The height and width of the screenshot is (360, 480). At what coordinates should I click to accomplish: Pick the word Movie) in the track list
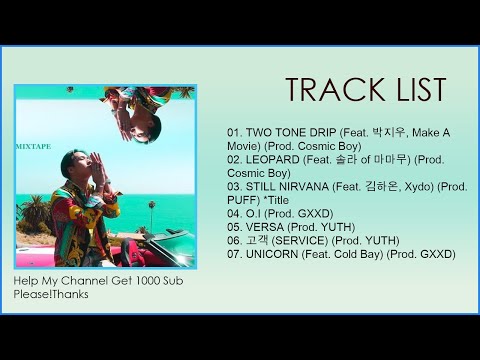[x=246, y=146]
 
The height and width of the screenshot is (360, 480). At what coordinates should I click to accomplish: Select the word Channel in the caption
[x=86, y=282]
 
